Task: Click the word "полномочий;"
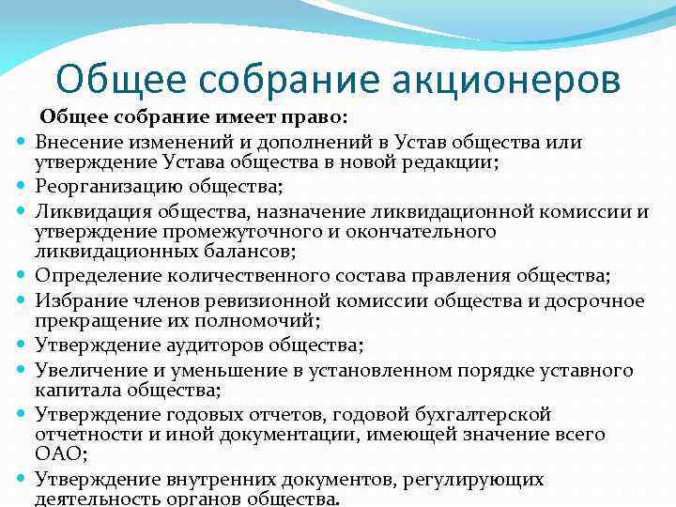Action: (267, 321)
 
